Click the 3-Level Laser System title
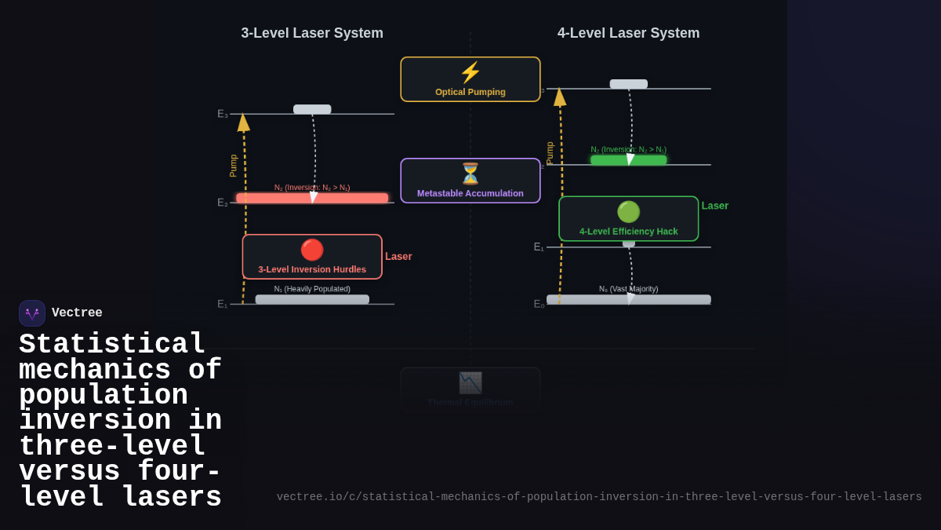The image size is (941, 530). pos(312,33)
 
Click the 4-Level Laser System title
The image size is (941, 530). pos(628,33)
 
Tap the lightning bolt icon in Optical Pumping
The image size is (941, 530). pos(470,73)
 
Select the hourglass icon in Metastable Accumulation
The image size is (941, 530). pos(470,174)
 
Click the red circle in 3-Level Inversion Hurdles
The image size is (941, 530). pos(312,250)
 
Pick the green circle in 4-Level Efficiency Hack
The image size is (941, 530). pos(628,212)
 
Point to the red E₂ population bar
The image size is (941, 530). pos(312,198)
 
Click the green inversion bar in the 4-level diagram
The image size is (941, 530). pos(628,160)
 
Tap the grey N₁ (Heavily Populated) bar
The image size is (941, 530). pos(312,299)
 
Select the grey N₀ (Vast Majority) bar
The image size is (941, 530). pos(628,299)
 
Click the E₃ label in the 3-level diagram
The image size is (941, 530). pos(223,114)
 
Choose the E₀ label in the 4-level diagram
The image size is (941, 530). pos(539,304)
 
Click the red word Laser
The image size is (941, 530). pos(398,256)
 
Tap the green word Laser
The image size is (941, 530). pos(715,206)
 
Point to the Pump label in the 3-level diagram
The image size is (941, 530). pos(233,165)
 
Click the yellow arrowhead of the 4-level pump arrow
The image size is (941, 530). pos(560,97)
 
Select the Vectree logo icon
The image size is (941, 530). pos(32,313)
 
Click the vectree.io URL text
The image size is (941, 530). pos(599,497)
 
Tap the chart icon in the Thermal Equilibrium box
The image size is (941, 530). pos(470,383)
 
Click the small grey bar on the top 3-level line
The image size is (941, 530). pos(312,109)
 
